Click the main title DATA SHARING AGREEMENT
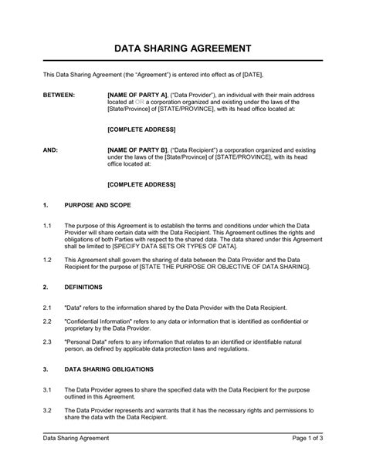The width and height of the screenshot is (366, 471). (182, 48)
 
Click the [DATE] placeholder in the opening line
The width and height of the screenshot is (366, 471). (253, 74)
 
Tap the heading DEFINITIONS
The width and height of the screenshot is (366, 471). (83, 286)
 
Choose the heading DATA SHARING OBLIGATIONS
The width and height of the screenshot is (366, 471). (114, 368)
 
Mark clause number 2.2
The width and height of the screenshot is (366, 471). (47, 320)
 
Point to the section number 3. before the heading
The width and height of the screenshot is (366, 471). (46, 368)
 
